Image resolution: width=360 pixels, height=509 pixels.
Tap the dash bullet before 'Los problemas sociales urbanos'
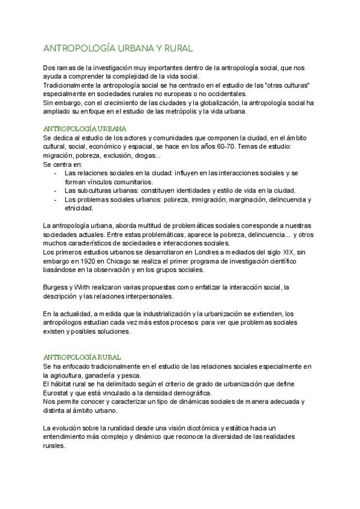56,199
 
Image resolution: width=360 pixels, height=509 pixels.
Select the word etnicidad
79,208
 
